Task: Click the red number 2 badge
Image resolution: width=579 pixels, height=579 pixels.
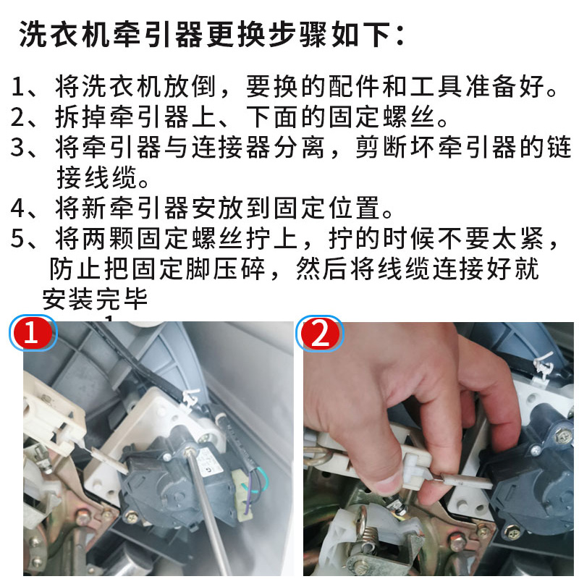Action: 320,334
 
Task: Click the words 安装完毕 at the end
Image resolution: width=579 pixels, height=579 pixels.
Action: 94,297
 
